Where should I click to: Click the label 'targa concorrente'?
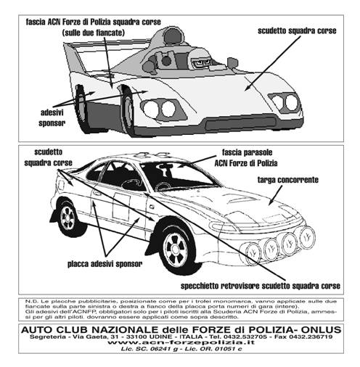(x=287, y=180)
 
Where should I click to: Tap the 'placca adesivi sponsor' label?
(x=105, y=264)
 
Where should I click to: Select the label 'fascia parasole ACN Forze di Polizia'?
(x=246, y=157)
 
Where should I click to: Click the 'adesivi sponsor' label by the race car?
(x=52, y=117)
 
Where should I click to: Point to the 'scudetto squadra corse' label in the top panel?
(x=297, y=31)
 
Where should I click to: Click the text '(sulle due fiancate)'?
(x=94, y=33)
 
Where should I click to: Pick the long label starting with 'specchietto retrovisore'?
(x=261, y=286)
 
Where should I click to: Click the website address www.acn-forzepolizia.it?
(x=181, y=342)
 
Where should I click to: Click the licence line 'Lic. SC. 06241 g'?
(x=150, y=349)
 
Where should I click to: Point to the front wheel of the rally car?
(x=175, y=249)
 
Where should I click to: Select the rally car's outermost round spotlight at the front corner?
(x=308, y=237)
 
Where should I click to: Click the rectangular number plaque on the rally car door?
(x=121, y=207)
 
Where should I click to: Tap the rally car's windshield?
(x=176, y=176)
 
